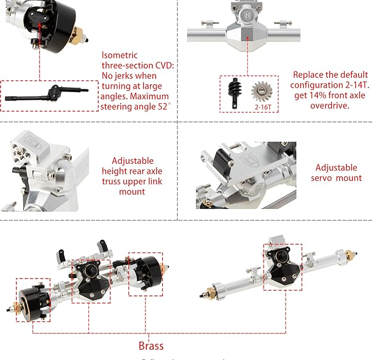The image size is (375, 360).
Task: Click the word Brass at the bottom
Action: tap(151, 346)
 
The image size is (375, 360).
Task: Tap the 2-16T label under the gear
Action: tap(262, 107)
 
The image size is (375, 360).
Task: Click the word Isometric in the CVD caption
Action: tap(120, 55)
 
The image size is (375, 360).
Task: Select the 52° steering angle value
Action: tap(163, 106)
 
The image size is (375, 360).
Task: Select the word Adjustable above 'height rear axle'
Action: tap(132, 161)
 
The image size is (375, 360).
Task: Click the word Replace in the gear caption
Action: tap(308, 75)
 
